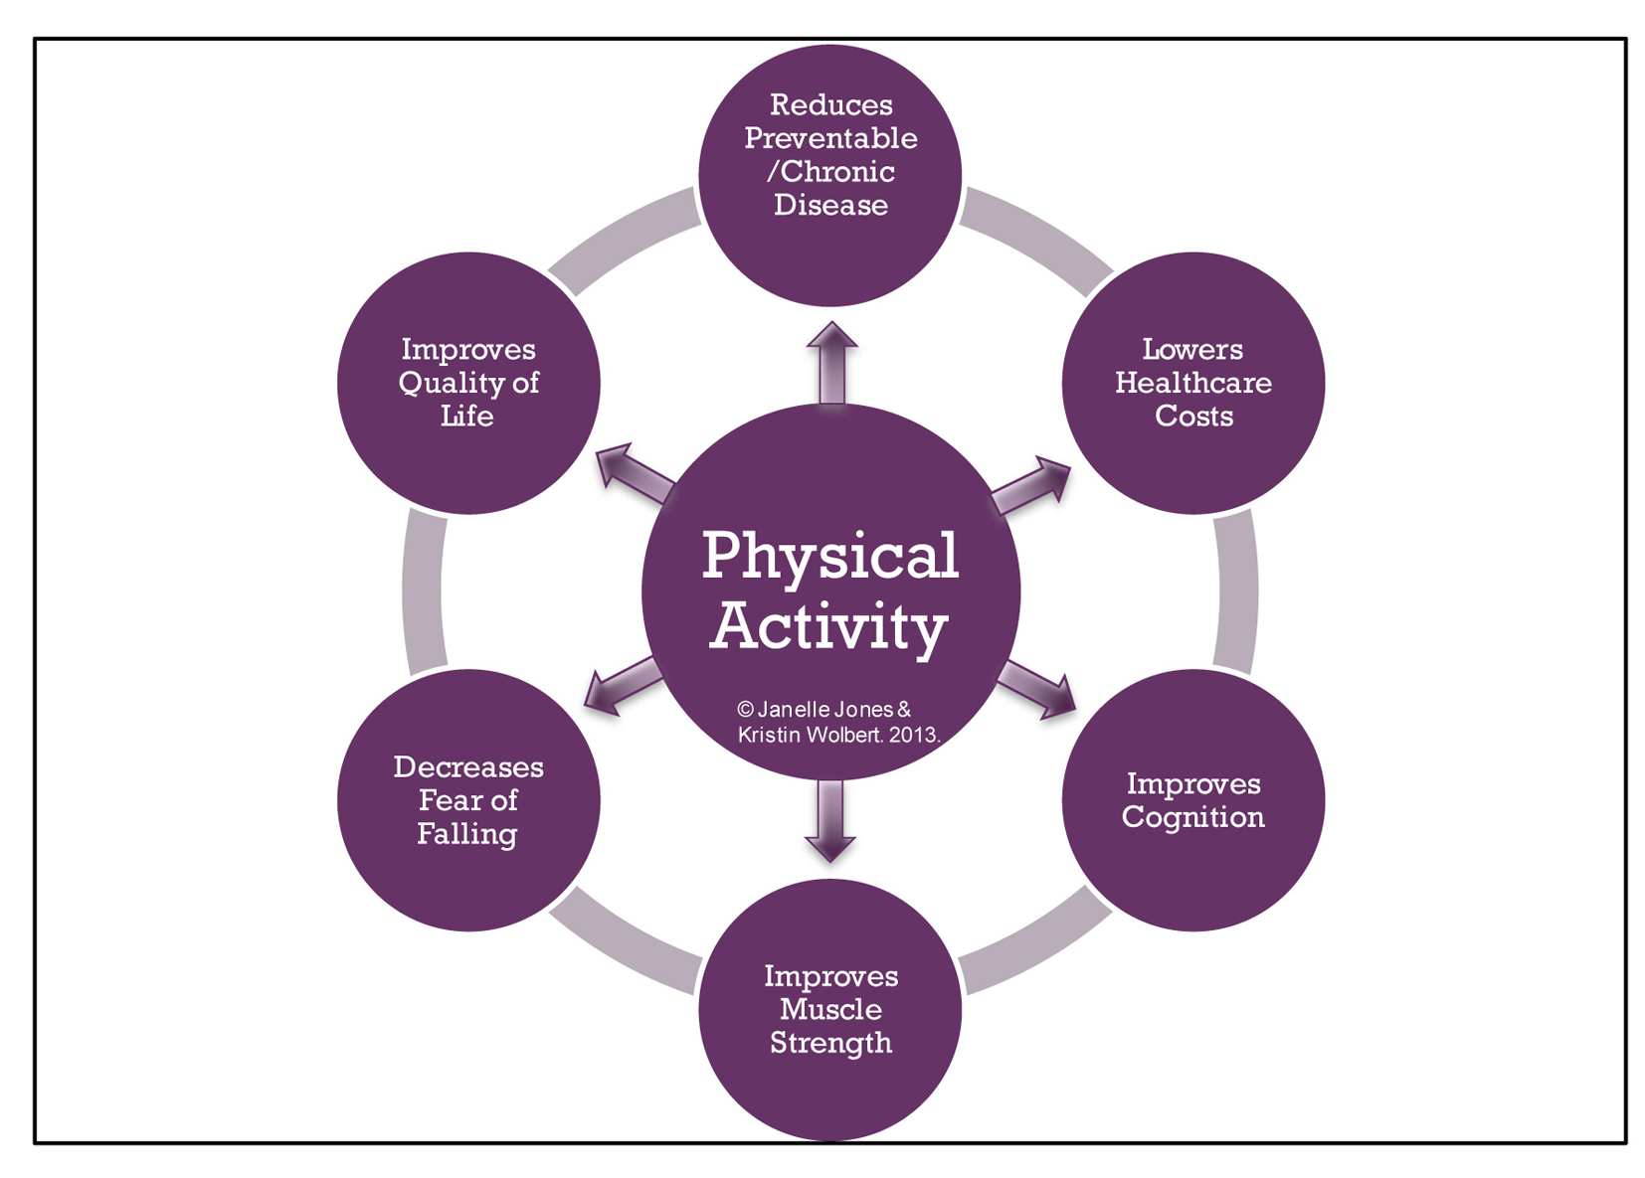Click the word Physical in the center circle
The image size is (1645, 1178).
pos(829,556)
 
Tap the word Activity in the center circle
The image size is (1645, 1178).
pos(828,627)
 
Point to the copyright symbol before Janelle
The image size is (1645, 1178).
pos(745,709)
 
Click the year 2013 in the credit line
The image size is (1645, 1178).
pos(913,736)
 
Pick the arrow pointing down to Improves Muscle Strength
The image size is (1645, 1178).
pos(830,821)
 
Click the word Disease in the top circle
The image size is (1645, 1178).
pos(830,205)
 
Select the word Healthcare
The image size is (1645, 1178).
pos(1192,383)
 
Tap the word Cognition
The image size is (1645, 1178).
pos(1192,817)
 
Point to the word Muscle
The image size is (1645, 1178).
pos(830,1009)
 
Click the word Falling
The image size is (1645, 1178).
pos(466,833)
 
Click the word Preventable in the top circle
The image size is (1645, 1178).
pos(830,138)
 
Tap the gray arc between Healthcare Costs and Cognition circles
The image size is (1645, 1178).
pos(1236,591)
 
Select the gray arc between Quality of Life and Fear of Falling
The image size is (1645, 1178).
pos(423,591)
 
